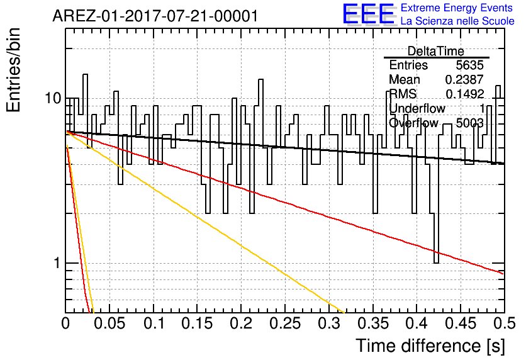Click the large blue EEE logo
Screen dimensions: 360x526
[368, 14]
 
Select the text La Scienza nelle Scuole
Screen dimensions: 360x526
[457, 21]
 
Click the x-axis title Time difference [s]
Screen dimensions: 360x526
[430, 346]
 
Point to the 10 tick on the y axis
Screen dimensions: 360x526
[52, 99]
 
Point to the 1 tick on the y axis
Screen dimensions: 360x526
[55, 263]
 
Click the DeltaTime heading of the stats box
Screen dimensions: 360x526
[436, 51]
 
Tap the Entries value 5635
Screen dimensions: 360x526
[469, 65]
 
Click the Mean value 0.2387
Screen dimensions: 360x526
[464, 80]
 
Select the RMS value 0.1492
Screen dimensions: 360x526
[464, 94]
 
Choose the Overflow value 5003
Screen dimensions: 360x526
[469, 123]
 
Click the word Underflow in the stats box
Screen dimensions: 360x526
[417, 109]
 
